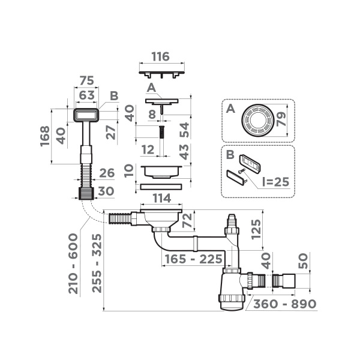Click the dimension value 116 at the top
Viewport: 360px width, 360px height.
coord(160,57)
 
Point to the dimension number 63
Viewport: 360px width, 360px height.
coord(88,94)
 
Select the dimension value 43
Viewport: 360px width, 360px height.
coord(184,152)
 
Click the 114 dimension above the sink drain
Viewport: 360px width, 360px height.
coord(161,198)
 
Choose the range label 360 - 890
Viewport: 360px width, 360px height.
coord(284,304)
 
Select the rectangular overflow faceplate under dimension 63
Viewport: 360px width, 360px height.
coord(86,115)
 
